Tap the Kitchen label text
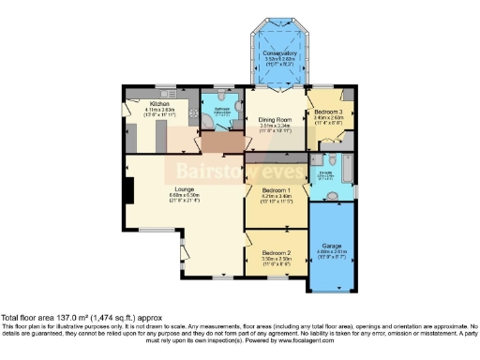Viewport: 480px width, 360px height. pyautogui.click(x=146, y=105)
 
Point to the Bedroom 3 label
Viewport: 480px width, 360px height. pyautogui.click(x=329, y=111)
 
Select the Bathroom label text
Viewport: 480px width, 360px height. pyautogui.click(x=221, y=109)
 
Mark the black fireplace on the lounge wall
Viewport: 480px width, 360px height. pyautogui.click(x=130, y=190)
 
